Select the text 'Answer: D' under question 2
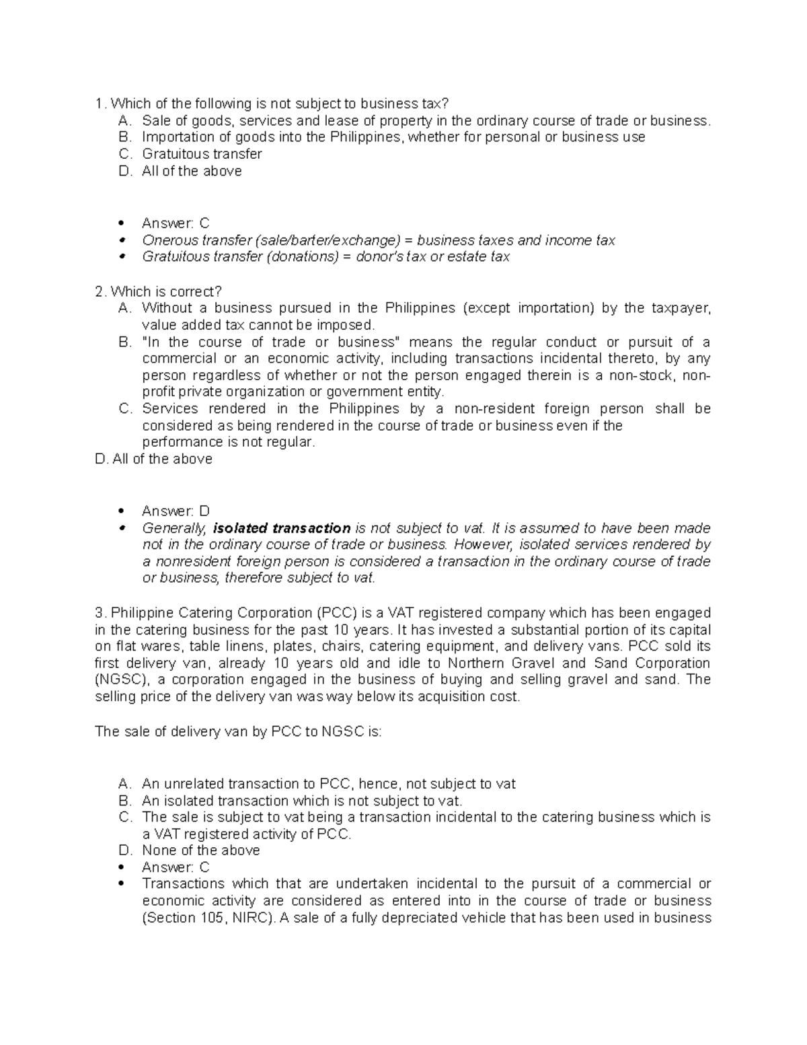[x=176, y=511]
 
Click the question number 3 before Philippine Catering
[x=100, y=613]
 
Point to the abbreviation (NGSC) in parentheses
[x=119, y=680]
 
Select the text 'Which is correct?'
[x=166, y=292]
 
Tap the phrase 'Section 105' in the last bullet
[x=188, y=918]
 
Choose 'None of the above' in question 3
[x=200, y=851]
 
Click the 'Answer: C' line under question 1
[x=176, y=223]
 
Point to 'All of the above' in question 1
[x=192, y=171]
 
